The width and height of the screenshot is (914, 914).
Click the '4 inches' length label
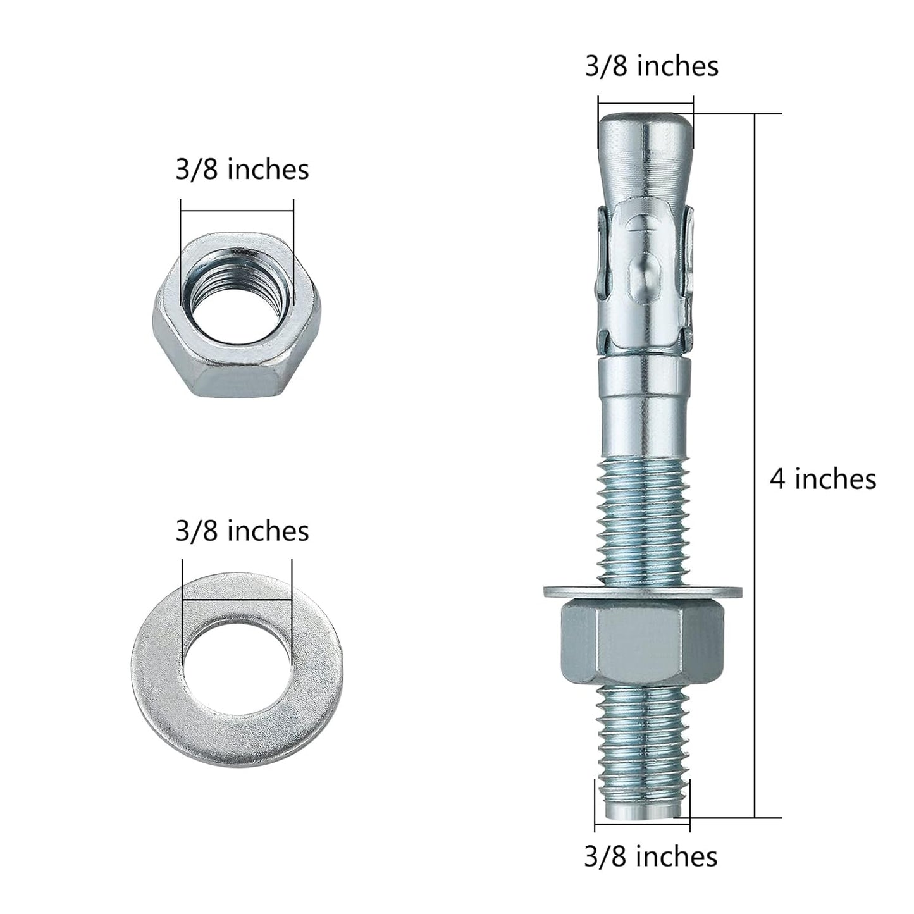click(822, 479)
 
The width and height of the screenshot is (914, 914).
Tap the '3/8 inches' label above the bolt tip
click(651, 66)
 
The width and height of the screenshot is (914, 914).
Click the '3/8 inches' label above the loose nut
click(242, 170)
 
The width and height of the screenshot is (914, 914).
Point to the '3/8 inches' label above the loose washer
click(242, 531)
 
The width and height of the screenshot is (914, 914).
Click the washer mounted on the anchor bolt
click(643, 592)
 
